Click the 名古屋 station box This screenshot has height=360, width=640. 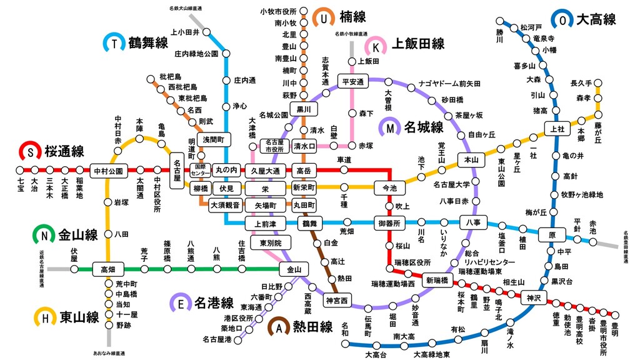177,169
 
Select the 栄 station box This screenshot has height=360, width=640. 265,187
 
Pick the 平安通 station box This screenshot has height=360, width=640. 353,81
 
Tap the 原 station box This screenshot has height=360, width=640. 552,235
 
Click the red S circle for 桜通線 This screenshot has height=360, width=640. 29,151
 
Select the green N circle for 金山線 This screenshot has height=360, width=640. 44,235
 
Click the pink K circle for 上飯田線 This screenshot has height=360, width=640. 377,45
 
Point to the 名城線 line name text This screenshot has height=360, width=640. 423,128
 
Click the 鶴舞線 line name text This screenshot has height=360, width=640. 148,43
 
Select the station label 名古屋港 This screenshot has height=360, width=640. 217,339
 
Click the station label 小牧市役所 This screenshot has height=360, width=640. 278,11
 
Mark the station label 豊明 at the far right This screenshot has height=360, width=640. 616,329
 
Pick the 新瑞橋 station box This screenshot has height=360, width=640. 437,280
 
